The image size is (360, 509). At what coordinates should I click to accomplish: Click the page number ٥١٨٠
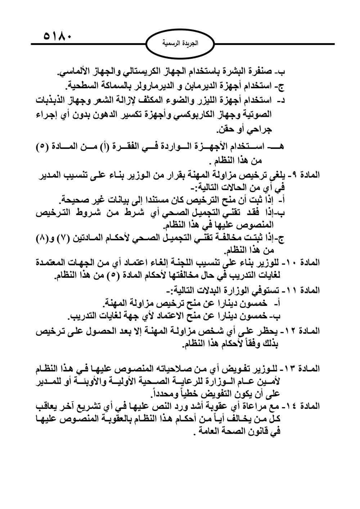point(58,36)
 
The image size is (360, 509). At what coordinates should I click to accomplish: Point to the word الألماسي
point(73,72)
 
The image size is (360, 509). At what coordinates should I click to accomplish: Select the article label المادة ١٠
point(305,262)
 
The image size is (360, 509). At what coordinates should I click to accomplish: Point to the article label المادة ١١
point(305,290)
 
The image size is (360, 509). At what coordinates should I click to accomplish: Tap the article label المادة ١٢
point(305,331)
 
